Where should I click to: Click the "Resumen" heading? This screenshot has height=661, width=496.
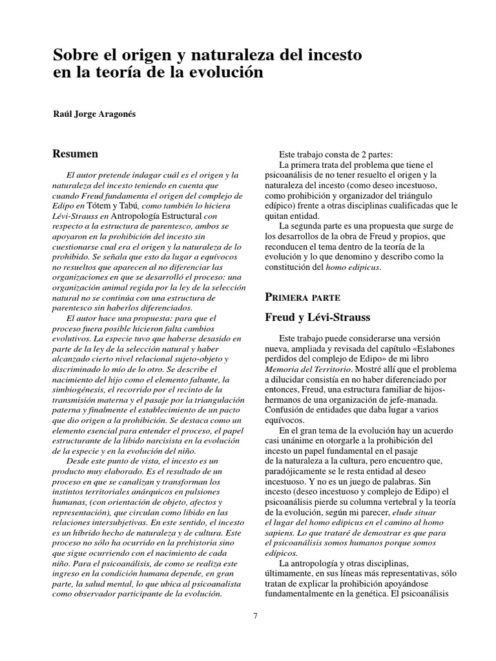pos(75,154)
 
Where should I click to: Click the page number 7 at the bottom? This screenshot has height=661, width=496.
pos(255,615)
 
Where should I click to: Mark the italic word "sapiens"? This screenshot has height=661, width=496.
pos(282,534)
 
